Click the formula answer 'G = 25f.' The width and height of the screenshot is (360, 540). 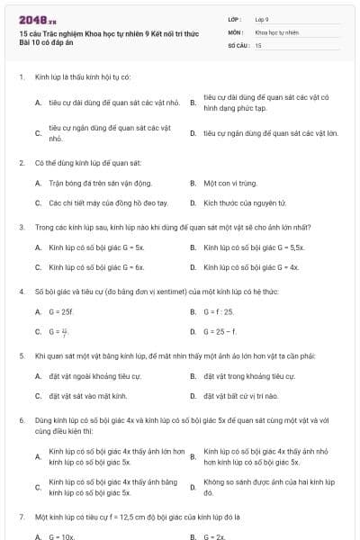61,311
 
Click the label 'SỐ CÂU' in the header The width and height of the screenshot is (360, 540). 238,44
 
